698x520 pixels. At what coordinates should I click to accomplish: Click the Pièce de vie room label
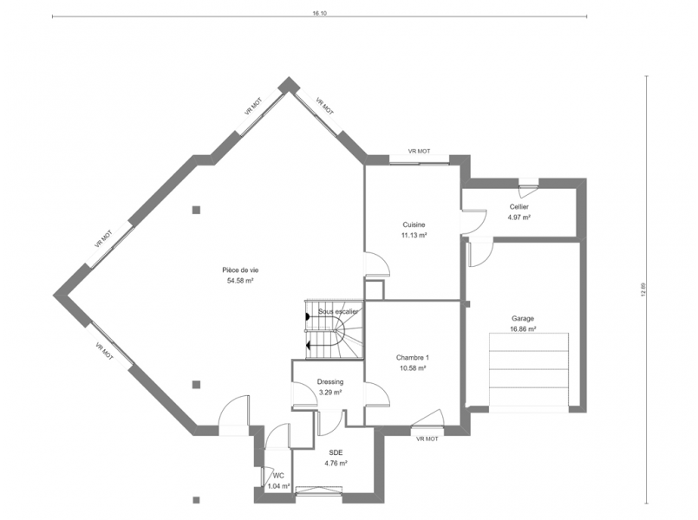pos(240,270)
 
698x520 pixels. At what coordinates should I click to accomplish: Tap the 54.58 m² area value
pos(240,281)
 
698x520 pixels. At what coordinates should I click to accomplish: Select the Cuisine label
pos(414,224)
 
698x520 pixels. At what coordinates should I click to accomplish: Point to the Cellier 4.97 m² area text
pos(519,218)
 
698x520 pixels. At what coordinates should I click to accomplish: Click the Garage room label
pos(523,318)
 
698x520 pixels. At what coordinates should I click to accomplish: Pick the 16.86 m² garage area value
pos(523,329)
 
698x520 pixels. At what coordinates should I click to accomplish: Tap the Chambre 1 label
pos(413,358)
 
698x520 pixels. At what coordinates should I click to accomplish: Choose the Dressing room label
pos(330,381)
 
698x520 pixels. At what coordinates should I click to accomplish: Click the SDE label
pos(336,452)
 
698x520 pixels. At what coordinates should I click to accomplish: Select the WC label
pos(278,476)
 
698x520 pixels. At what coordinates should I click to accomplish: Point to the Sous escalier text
pos(338,311)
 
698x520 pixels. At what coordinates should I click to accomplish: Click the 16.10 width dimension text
pos(319,13)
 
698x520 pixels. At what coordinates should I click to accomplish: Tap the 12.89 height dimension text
pos(643,289)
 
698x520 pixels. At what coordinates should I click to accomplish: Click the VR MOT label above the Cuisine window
pos(420,152)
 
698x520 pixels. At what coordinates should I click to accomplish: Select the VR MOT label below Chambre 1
pos(427,439)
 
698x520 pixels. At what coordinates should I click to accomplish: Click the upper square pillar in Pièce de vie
pos(196,210)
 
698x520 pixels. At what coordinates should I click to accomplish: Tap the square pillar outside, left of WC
pos(196,499)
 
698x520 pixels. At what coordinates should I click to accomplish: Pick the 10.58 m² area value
pos(413,368)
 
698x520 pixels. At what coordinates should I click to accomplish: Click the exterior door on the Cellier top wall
pos(528,187)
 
